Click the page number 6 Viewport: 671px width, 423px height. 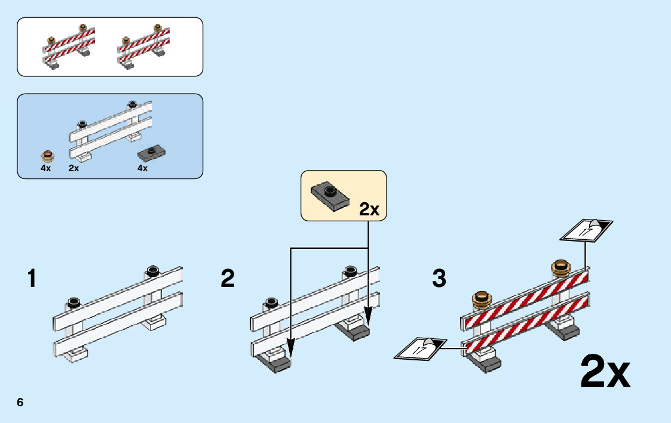tap(20, 402)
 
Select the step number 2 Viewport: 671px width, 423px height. tap(228, 279)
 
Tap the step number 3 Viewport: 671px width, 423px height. tap(439, 279)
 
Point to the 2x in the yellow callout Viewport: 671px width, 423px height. tap(369, 209)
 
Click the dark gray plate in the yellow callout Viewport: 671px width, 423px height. tap(327, 194)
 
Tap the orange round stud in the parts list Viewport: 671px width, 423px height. tap(47, 156)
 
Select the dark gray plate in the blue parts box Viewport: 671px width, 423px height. tap(151, 153)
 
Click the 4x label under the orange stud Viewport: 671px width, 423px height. tap(46, 168)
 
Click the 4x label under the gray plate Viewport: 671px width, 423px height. tap(142, 168)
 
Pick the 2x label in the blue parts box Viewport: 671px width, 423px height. tap(73, 168)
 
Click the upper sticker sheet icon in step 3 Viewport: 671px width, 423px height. tap(586, 230)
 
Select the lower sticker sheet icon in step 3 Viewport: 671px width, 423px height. tap(421, 348)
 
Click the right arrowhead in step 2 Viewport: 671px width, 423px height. tap(368, 316)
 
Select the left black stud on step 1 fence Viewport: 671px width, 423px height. tap(74, 301)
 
